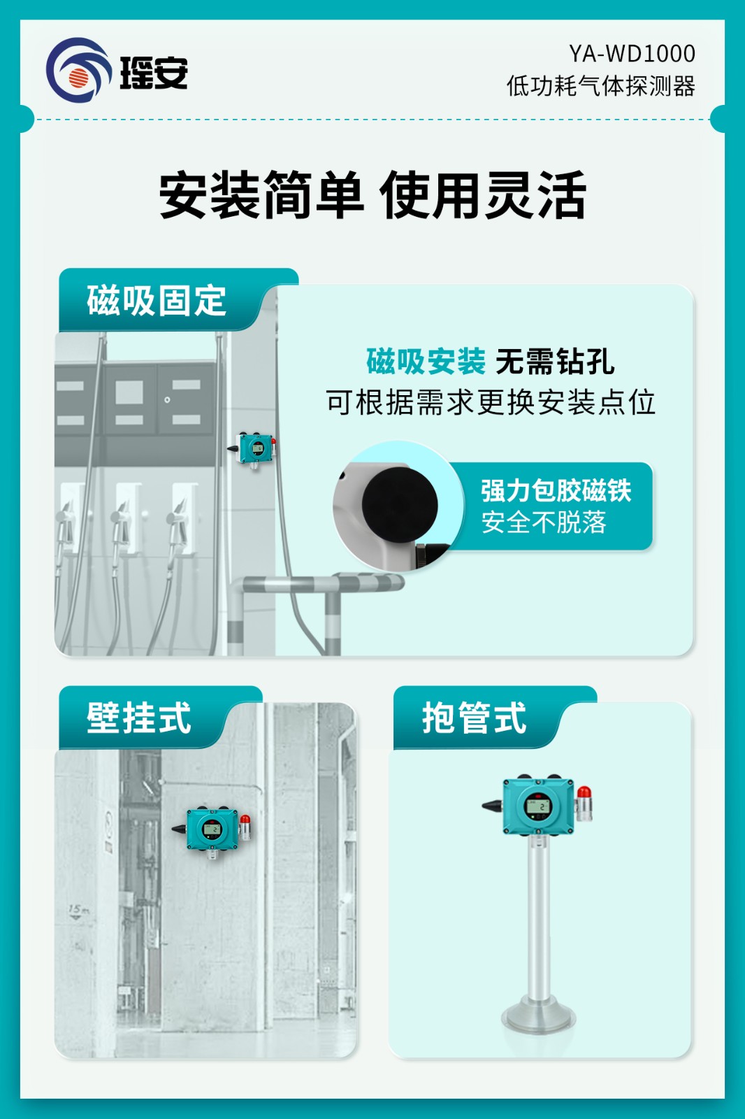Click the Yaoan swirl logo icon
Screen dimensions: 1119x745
coord(78,71)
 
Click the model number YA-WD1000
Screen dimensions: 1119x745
coord(632,54)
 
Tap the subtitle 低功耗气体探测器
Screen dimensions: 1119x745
coord(600,87)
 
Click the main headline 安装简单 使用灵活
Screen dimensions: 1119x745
coord(372,195)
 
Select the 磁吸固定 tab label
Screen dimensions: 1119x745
coord(157,301)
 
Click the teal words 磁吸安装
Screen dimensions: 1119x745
coord(426,362)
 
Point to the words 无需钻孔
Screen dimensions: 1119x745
coord(555,362)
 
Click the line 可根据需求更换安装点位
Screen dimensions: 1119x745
coord(491,402)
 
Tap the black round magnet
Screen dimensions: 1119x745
coord(400,504)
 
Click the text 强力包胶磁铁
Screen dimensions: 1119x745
coord(556,490)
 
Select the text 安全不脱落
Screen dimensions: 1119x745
coord(544,522)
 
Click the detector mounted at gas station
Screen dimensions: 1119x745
coord(254,449)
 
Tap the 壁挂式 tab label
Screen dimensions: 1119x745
coord(138,718)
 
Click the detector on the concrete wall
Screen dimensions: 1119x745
coord(212,829)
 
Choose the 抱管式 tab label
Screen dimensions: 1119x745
coord(474,718)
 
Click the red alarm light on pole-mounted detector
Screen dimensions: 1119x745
coord(584,793)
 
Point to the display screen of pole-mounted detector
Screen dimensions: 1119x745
coord(539,807)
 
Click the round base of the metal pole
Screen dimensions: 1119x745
coord(539,1018)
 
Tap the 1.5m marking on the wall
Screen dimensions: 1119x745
coord(78,911)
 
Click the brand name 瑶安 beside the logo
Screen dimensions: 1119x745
coord(154,73)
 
